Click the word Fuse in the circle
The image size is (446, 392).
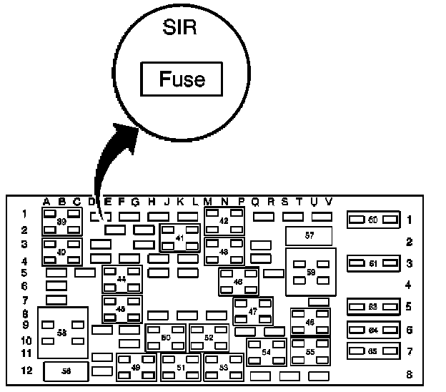182,79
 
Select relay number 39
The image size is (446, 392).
61,222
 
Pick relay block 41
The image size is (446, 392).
179,237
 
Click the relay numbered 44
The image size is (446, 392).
122,278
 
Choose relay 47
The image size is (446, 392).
252,311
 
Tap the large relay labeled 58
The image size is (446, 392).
62,333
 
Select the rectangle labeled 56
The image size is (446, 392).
66,371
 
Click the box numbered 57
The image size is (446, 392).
309,235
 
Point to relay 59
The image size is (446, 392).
310,272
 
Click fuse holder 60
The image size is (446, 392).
372,220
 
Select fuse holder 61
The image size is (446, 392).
372,264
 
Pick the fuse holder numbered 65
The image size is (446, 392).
372,352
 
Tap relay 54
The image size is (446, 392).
266,352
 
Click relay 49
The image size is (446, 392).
136,367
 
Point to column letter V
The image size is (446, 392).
328,201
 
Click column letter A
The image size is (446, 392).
46,201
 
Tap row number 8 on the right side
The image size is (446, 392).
410,373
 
